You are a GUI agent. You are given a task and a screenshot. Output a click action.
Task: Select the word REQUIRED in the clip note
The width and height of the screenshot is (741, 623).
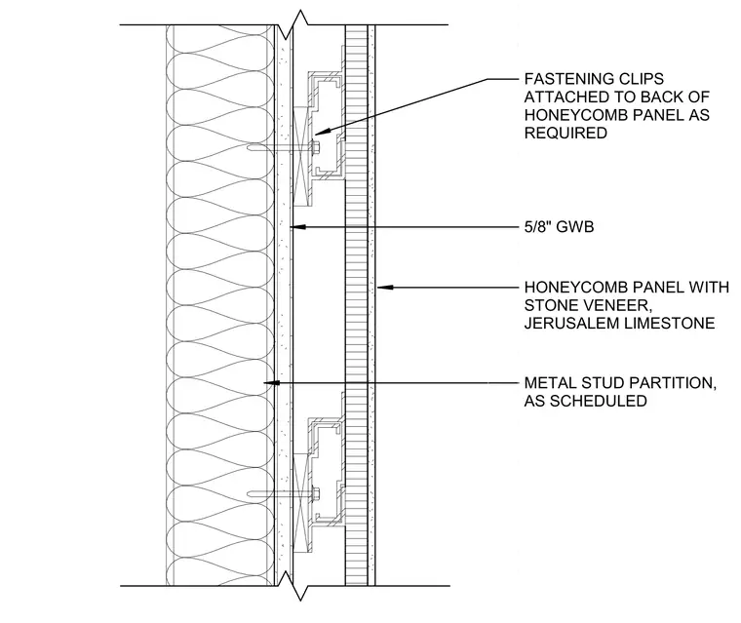click(x=565, y=133)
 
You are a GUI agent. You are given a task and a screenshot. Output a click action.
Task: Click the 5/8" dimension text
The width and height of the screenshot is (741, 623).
click(x=538, y=227)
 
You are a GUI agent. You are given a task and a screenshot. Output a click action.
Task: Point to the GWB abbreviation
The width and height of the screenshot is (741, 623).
click(x=574, y=227)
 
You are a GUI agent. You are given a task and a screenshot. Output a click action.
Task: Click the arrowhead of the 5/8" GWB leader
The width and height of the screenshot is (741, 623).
click(x=297, y=227)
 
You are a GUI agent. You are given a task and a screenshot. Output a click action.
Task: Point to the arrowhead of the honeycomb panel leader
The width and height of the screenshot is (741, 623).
click(x=385, y=287)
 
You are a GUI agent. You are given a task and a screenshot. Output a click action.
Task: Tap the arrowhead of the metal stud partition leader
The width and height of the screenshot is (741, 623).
click(x=271, y=382)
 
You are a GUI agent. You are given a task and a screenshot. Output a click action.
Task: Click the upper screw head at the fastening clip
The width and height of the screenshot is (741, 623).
click(x=316, y=147)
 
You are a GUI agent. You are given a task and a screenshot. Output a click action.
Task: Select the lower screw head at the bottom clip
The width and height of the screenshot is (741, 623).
click(x=316, y=494)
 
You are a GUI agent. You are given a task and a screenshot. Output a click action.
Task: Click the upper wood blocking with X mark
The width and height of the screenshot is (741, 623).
click(x=301, y=157)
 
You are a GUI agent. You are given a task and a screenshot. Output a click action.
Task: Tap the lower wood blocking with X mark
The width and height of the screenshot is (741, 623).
click(x=301, y=503)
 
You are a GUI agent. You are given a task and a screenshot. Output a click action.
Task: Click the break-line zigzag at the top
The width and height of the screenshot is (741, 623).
click(x=294, y=26)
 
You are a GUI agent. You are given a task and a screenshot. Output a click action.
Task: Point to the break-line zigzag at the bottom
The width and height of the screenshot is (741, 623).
click(x=294, y=586)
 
